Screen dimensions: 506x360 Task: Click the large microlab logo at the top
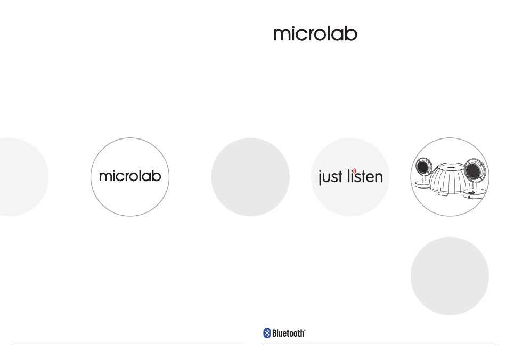click(x=315, y=34)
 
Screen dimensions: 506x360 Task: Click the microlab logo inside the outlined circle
click(x=130, y=176)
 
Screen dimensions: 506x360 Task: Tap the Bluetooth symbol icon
click(x=267, y=333)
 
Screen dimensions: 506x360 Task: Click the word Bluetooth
click(x=289, y=333)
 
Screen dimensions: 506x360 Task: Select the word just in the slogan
click(x=330, y=177)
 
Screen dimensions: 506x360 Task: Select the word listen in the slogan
click(x=365, y=176)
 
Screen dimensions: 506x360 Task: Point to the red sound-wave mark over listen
click(x=354, y=171)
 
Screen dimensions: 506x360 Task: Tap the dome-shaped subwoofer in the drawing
click(x=448, y=179)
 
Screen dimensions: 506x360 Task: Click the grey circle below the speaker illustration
click(x=450, y=276)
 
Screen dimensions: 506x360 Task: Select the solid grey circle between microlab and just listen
click(x=250, y=177)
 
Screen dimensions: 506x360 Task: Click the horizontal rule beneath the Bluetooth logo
click(x=379, y=345)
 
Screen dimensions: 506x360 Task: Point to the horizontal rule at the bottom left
click(x=126, y=345)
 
